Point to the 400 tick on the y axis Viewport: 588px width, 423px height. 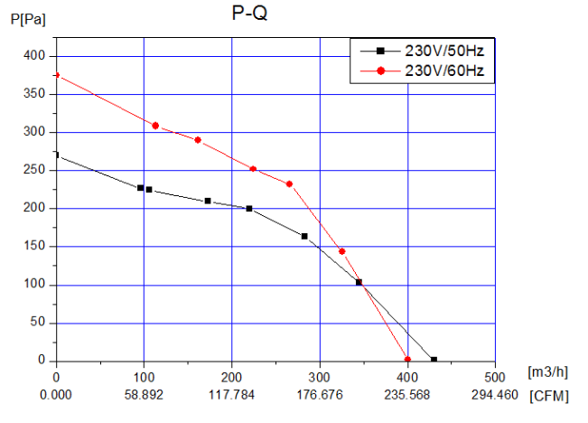coord(34,56)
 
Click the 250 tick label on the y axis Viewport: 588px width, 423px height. coord(34,170)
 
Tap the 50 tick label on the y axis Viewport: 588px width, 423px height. coord(37,323)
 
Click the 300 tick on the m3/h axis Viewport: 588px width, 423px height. coord(320,375)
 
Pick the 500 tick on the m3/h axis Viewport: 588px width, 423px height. coord(495,375)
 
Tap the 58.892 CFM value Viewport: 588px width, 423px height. coord(144,395)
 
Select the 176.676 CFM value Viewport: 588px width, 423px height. coord(320,395)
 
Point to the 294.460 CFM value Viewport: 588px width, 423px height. coord(495,395)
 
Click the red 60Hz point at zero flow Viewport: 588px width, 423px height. coord(56,75)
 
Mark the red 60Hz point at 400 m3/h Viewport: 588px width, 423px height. coord(407,360)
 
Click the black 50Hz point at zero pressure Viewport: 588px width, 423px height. coord(434,360)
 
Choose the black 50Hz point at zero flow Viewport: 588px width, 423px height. coord(56,155)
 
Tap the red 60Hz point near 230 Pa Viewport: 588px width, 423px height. coord(289,184)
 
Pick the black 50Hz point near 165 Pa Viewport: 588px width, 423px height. coord(304,236)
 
